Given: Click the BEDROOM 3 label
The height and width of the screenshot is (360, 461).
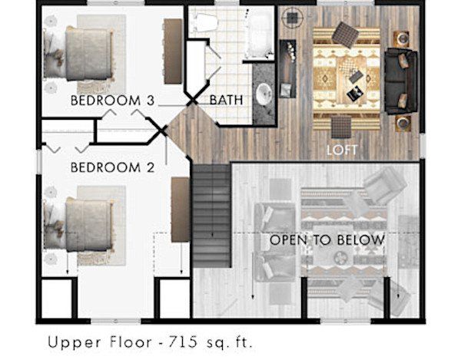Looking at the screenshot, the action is (x=112, y=101).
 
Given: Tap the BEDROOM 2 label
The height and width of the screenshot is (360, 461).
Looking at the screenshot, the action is (x=112, y=167).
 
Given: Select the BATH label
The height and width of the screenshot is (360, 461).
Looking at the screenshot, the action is (x=226, y=100).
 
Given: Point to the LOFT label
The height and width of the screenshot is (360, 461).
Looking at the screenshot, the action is (x=342, y=150).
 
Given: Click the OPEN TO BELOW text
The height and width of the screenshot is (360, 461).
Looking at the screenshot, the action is (x=327, y=240).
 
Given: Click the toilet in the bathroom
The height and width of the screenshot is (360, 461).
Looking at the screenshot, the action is (x=204, y=22).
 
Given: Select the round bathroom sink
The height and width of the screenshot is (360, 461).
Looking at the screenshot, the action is (x=264, y=94).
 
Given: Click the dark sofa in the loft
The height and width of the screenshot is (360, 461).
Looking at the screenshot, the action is (x=401, y=81).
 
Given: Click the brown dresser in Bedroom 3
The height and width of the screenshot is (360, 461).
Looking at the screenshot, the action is (x=173, y=51).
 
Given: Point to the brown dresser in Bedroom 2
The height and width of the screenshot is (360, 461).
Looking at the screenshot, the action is (x=181, y=209).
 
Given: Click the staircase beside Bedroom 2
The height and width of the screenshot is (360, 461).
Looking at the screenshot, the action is (x=211, y=216).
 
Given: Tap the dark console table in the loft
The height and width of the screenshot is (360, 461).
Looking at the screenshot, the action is (x=287, y=68).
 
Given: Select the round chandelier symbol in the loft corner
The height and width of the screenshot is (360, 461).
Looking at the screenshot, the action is (x=291, y=18).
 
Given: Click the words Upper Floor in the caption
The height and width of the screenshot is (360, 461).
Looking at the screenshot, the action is (x=100, y=343).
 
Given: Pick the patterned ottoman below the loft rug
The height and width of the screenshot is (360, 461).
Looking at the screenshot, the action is (x=341, y=127).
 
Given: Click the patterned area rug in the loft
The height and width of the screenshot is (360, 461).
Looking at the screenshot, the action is (x=347, y=79).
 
